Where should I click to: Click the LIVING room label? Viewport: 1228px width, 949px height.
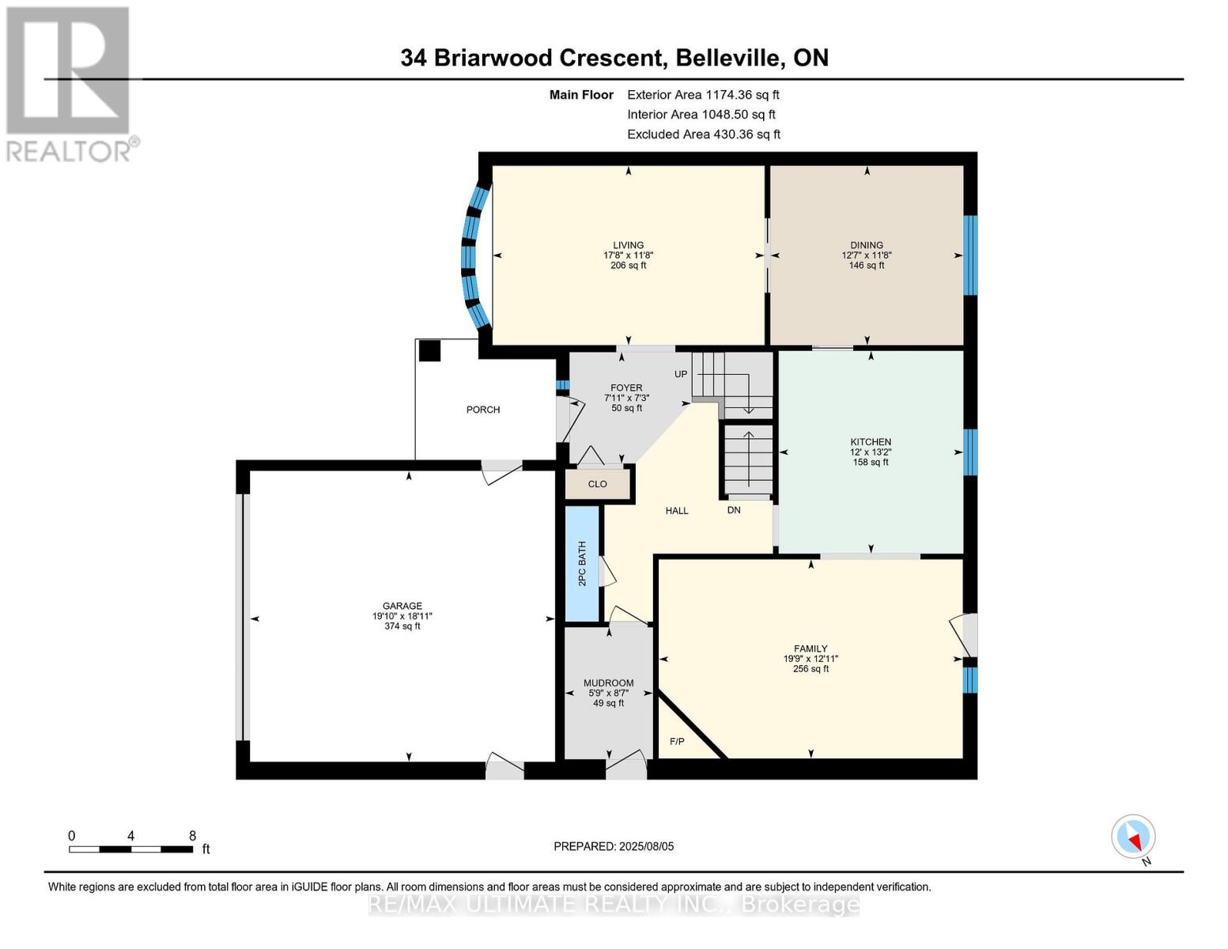pyautogui.click(x=628, y=245)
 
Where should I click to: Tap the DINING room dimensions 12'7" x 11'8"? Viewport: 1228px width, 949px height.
pyautogui.click(x=867, y=255)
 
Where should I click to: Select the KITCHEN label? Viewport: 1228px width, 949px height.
pyautogui.click(x=871, y=442)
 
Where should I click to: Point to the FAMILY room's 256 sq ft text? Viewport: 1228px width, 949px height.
pyautogui.click(x=810, y=669)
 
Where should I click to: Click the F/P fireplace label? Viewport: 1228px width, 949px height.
pyautogui.click(x=677, y=742)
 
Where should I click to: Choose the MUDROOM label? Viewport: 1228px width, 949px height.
pyautogui.click(x=608, y=683)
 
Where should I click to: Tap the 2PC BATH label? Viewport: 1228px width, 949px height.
pyautogui.click(x=582, y=563)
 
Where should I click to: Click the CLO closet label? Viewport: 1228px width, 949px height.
pyautogui.click(x=597, y=484)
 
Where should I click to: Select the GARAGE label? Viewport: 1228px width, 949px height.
pyautogui.click(x=402, y=606)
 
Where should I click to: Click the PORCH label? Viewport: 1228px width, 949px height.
pyautogui.click(x=483, y=410)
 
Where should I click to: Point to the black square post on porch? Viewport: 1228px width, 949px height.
pyautogui.click(x=429, y=350)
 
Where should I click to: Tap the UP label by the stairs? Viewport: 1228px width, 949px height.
pyautogui.click(x=681, y=374)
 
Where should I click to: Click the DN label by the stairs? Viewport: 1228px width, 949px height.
pyautogui.click(x=734, y=510)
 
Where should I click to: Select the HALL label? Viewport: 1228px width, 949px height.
pyautogui.click(x=677, y=511)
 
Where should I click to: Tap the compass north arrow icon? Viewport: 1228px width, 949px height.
pyautogui.click(x=1134, y=837)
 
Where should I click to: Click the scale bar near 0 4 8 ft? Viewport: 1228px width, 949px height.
pyautogui.click(x=130, y=849)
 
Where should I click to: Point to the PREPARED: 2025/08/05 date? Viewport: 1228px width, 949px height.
pyautogui.click(x=614, y=846)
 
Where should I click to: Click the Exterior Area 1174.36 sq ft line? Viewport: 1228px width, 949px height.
pyautogui.click(x=703, y=95)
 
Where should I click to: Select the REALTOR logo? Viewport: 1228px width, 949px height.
pyautogui.click(x=70, y=83)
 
